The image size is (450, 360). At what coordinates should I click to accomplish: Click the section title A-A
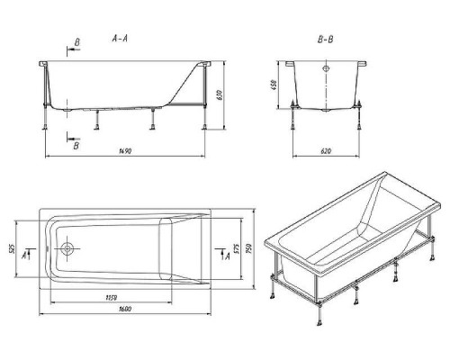point(120,39)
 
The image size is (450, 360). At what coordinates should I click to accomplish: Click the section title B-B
point(325,40)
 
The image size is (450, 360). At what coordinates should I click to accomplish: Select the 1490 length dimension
point(125,151)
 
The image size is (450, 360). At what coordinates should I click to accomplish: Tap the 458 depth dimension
point(274,85)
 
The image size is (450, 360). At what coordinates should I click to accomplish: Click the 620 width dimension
point(326,151)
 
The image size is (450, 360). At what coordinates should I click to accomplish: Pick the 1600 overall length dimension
point(125,309)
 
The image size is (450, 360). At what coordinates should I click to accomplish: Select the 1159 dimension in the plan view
point(112,298)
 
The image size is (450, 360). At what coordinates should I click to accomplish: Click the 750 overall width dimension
point(248,248)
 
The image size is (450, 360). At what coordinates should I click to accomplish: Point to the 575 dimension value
point(236,248)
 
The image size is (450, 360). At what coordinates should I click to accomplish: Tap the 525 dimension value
point(12,248)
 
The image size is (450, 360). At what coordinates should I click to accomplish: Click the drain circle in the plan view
point(67,248)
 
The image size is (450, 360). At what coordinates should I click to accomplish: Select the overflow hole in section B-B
point(326,68)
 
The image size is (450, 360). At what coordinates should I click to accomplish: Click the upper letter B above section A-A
point(76,42)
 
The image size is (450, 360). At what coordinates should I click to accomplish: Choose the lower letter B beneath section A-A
point(76,146)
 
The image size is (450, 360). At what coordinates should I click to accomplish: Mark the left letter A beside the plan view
point(24,256)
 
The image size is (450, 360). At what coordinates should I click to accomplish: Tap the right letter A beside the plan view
point(228,256)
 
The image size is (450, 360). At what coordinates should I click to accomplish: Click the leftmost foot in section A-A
point(45,127)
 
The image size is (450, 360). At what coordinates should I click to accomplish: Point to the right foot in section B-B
point(359,127)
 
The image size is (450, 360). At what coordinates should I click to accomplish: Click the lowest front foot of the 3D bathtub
point(319,323)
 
